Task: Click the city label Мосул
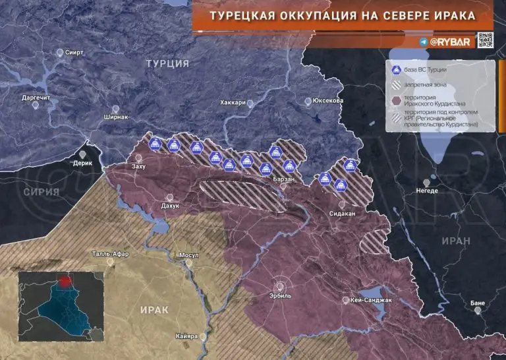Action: tap(188, 255)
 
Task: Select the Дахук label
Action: tap(170, 206)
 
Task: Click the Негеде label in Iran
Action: tap(426, 191)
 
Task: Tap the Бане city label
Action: tap(478, 303)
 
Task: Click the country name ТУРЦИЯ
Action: tap(167, 63)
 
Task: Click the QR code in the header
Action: tap(486, 41)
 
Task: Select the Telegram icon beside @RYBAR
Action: tap(423, 42)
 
